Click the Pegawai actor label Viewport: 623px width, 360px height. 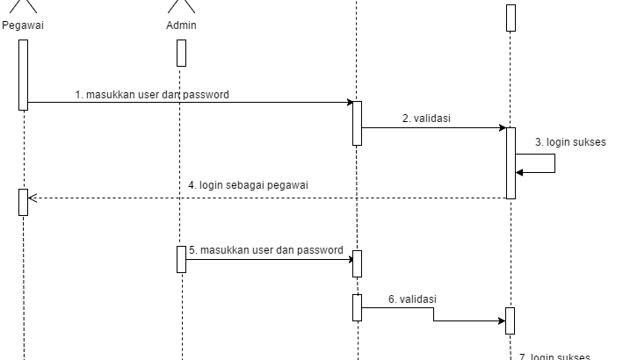pyautogui.click(x=23, y=25)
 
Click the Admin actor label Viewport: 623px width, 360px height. pyautogui.click(x=181, y=25)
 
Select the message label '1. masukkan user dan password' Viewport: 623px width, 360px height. pyautogui.click(x=151, y=95)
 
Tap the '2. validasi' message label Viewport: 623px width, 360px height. pyautogui.click(x=432, y=119)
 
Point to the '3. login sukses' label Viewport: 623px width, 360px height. pyautogui.click(x=569, y=141)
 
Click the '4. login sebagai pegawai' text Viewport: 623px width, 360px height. pyautogui.click(x=248, y=185)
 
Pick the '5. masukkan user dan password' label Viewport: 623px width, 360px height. pyautogui.click(x=265, y=250)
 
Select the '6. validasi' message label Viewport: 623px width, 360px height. pyautogui.click(x=412, y=299)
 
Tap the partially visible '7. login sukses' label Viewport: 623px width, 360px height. pyautogui.click(x=554, y=356)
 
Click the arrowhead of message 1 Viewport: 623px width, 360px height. pyautogui.click(x=349, y=103)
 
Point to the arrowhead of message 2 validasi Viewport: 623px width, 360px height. pyautogui.click(x=501, y=128)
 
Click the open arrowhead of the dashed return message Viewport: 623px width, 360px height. pyautogui.click(x=33, y=198)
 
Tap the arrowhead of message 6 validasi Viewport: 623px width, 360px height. pyautogui.click(x=501, y=321)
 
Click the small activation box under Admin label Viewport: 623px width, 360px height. pyautogui.click(x=181, y=53)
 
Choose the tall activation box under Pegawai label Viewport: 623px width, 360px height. pyautogui.click(x=23, y=75)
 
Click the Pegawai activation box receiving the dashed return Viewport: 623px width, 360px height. pyautogui.click(x=23, y=202)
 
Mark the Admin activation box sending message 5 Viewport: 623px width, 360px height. pyautogui.click(x=181, y=259)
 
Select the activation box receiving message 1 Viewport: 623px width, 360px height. pyautogui.click(x=357, y=123)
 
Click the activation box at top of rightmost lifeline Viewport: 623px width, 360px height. pyautogui.click(x=511, y=18)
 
